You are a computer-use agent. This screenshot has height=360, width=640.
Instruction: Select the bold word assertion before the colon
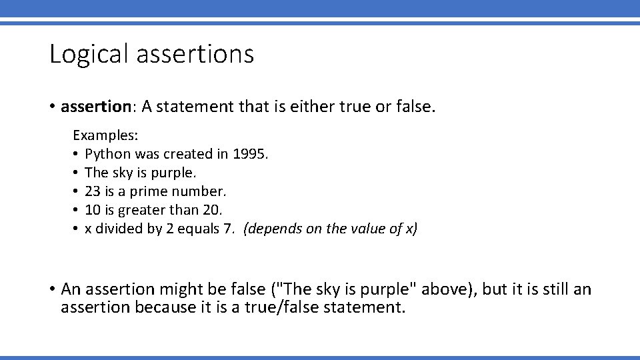(93, 107)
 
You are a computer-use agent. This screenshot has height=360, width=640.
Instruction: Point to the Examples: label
(105, 135)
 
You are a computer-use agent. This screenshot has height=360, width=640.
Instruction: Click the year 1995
(249, 154)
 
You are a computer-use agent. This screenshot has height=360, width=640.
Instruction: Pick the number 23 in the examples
(93, 191)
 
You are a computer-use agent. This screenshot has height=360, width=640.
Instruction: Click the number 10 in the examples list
(93, 210)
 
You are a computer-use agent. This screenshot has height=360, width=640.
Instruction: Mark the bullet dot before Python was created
(77, 154)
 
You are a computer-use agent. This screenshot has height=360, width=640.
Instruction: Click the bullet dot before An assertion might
(52, 289)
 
